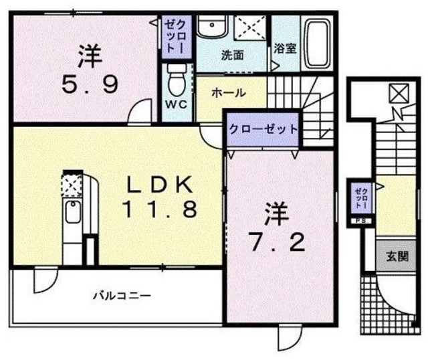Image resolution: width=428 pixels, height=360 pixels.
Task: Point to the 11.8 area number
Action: tap(159, 210)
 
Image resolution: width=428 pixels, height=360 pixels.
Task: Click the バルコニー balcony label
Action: tap(121, 294)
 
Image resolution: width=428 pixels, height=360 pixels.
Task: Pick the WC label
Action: tap(175, 105)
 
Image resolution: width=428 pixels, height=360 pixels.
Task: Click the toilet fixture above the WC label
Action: tap(175, 80)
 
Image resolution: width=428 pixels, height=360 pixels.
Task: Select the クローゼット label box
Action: tap(261, 129)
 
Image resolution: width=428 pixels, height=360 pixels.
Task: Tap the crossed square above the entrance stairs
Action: tap(396, 92)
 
